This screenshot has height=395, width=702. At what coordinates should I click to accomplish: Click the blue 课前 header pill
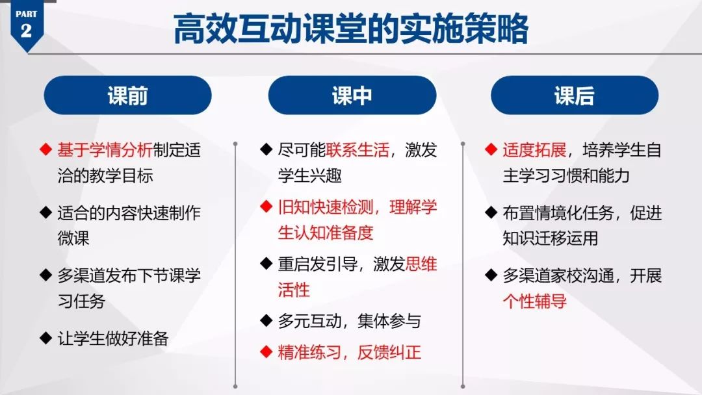tap(127, 96)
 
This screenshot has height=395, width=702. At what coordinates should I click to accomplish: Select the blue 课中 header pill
tap(352, 96)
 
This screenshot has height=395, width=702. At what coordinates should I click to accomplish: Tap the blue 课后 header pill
tap(575, 96)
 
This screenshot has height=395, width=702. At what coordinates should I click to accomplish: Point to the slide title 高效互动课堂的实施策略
tap(351, 29)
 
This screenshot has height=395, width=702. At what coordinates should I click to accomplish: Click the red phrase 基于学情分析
tap(105, 150)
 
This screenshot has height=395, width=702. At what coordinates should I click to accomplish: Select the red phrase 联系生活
tap(357, 150)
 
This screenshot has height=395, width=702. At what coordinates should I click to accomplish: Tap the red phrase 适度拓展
tap(534, 150)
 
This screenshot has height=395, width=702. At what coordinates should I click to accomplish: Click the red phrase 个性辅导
tap(534, 301)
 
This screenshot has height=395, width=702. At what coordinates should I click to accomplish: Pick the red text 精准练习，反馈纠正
tap(350, 353)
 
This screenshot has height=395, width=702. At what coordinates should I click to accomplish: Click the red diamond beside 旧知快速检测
tap(266, 206)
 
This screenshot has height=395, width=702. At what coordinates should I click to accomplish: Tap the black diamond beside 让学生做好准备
tap(45, 338)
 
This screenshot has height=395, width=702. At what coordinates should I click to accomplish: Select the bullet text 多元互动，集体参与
tap(350, 321)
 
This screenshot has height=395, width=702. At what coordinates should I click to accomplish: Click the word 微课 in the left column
tap(73, 238)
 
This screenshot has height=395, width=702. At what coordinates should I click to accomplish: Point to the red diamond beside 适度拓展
tap(491, 149)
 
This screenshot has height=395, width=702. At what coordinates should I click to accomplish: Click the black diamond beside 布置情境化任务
tap(491, 212)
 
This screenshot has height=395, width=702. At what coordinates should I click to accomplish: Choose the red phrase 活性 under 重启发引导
tap(294, 290)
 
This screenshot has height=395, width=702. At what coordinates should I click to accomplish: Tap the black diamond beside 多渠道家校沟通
tap(491, 275)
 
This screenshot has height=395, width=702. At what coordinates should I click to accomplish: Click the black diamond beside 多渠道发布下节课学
tap(45, 275)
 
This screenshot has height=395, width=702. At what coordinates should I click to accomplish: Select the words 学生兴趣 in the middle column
tap(310, 175)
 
